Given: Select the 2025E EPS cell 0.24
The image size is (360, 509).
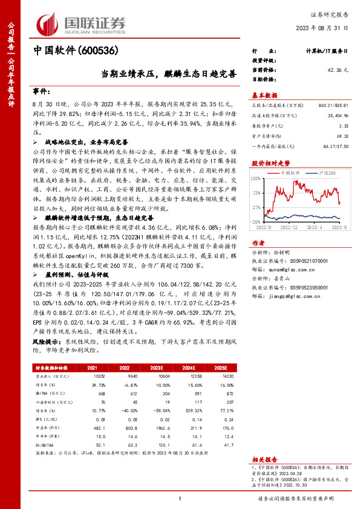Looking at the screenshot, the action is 229,418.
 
